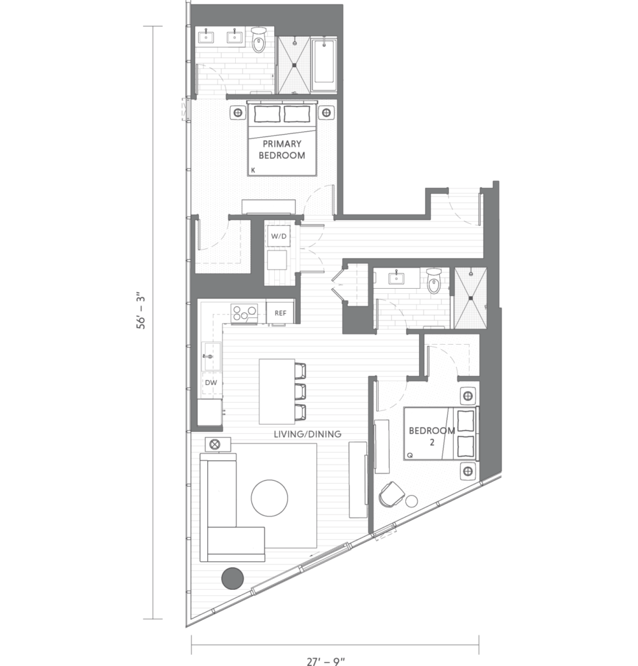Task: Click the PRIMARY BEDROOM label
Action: (x=282, y=150)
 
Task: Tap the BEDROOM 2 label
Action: (x=432, y=436)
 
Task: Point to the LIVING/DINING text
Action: (x=307, y=434)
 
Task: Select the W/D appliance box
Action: (x=279, y=236)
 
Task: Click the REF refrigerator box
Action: (x=281, y=313)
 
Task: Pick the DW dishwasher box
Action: (x=211, y=382)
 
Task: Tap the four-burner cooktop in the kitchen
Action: (x=244, y=314)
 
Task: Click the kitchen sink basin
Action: (x=211, y=356)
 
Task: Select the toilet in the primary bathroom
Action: (x=259, y=40)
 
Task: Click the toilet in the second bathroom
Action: (x=434, y=281)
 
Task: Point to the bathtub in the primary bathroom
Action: (x=324, y=65)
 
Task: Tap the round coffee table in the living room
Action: (x=270, y=498)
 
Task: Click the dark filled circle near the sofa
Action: (x=233, y=578)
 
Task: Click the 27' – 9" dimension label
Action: (x=325, y=661)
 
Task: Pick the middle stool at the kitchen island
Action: (x=300, y=391)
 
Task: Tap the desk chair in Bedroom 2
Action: (x=391, y=494)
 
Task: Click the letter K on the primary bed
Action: (x=253, y=170)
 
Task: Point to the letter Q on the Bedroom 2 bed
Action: (x=410, y=455)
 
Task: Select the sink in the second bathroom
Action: (x=396, y=278)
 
